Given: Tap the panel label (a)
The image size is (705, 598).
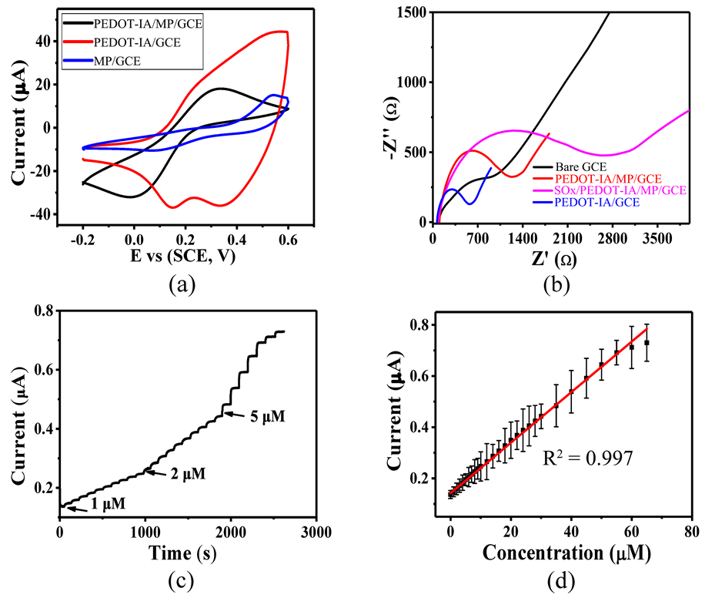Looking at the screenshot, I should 185,285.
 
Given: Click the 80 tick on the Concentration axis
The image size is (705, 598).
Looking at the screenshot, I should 692,532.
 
